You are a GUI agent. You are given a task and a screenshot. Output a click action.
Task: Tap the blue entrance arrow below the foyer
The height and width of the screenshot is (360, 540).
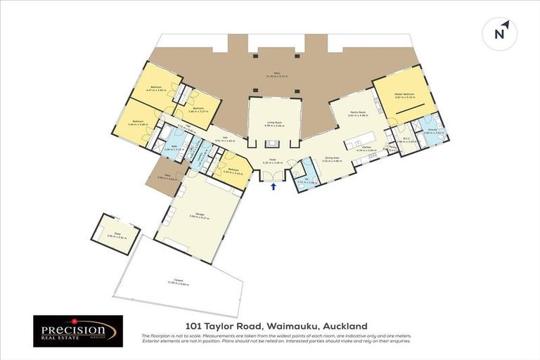(x=274, y=186)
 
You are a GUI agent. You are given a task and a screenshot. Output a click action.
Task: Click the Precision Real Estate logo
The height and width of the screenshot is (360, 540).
(x=78, y=331)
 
